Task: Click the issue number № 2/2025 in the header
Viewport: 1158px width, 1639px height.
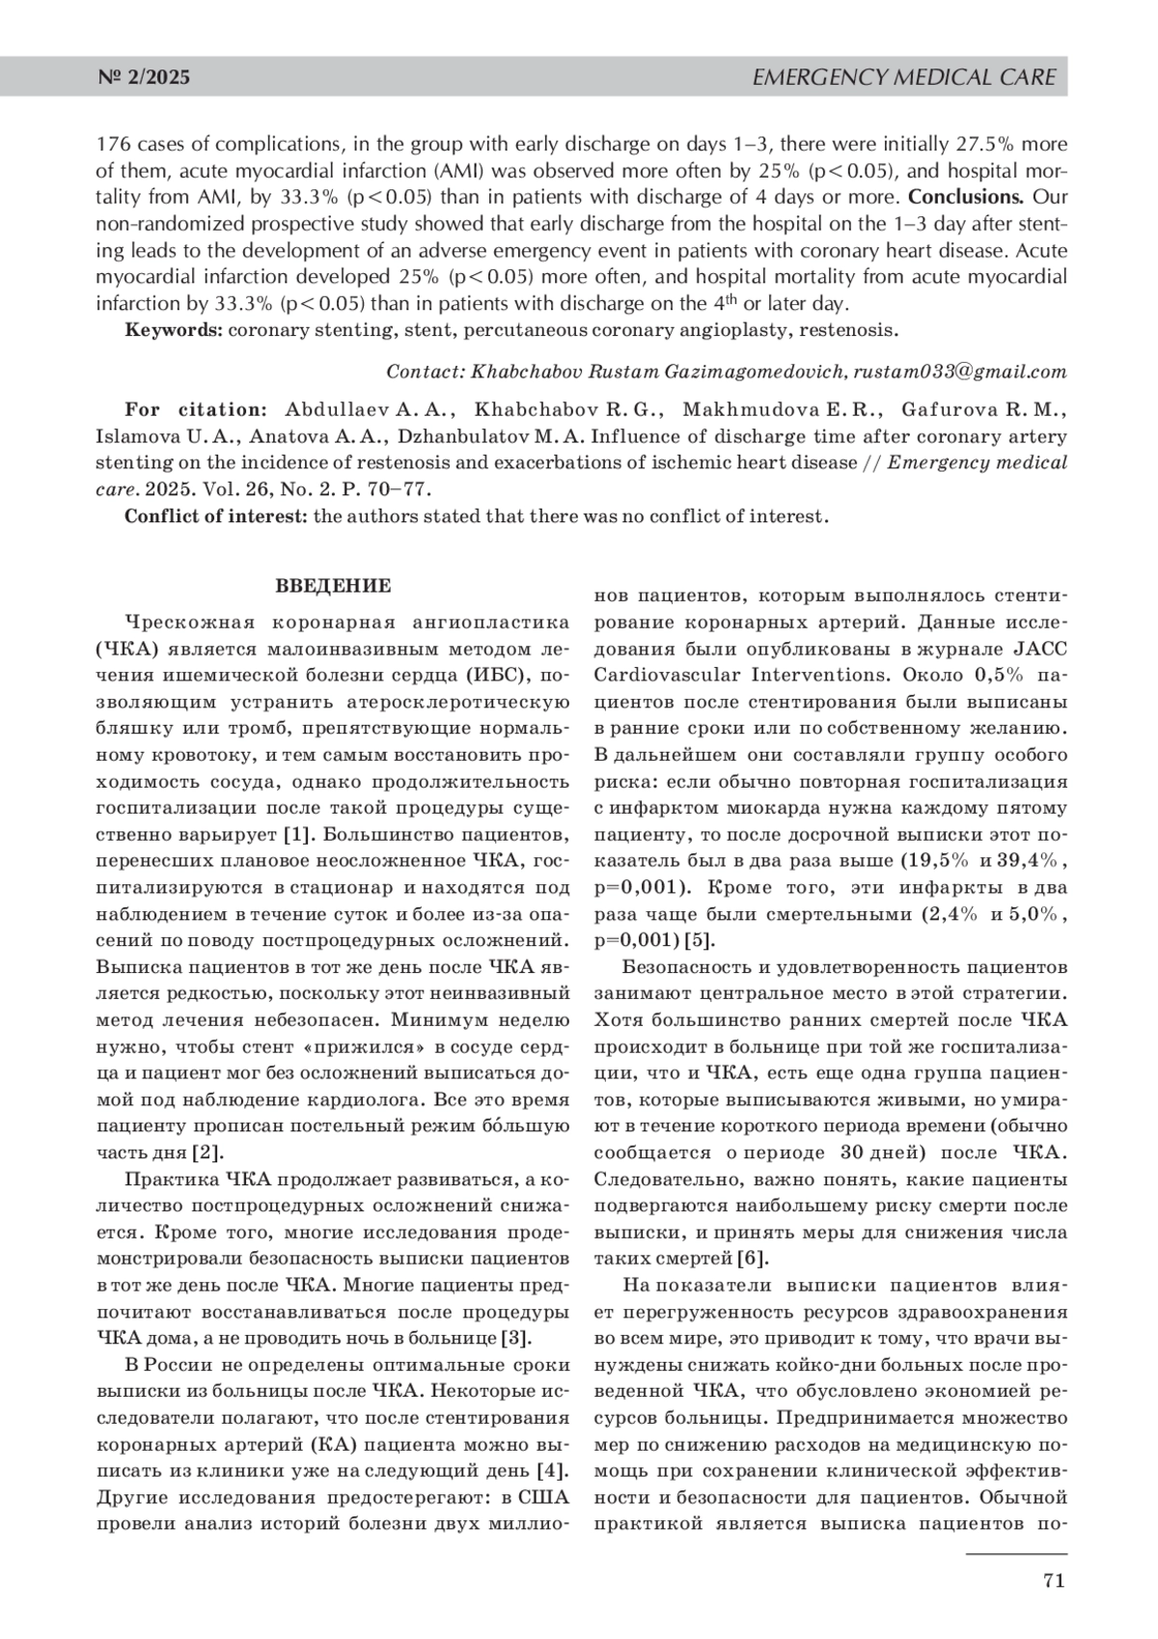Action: pos(144,77)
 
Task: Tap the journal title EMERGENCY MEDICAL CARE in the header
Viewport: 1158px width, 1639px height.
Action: pos(903,77)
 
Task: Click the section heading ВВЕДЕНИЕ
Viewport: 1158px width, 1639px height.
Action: pos(333,586)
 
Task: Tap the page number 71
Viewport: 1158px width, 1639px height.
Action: pos(1053,1580)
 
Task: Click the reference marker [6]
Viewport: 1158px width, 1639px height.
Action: pos(753,1259)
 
